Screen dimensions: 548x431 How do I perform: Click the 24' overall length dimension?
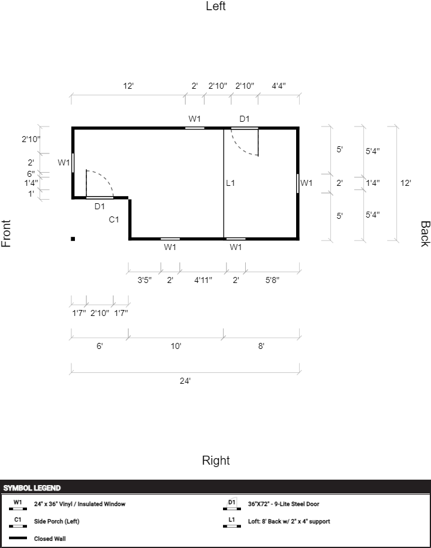[185, 381]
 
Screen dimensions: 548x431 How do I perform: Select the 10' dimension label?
[176, 346]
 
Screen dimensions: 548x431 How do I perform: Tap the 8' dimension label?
[261, 346]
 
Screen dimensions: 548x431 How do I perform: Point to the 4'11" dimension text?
[203, 279]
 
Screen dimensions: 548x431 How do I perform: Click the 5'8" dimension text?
[272, 279]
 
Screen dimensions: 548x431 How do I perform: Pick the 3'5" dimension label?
[144, 279]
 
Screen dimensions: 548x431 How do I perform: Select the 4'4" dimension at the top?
[279, 86]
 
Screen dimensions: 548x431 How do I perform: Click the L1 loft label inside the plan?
[231, 183]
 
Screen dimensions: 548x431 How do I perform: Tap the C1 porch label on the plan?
[114, 219]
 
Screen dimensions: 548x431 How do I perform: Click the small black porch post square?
[73, 239]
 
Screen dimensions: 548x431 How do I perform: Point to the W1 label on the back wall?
[306, 183]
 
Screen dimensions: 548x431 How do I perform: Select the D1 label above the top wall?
[245, 119]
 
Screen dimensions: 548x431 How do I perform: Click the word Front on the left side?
[7, 234]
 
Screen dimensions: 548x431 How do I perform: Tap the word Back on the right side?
[424, 234]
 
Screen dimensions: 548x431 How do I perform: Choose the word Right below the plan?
[216, 460]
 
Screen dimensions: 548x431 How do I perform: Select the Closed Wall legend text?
[50, 538]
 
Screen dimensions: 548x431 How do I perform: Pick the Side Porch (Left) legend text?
[56, 521]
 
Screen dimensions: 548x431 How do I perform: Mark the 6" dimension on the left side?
[31, 174]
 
